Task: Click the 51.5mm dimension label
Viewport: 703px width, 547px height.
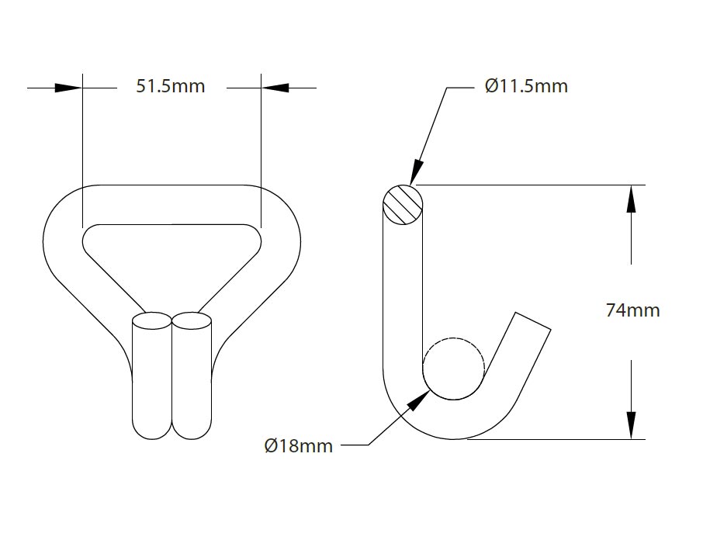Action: click(x=171, y=86)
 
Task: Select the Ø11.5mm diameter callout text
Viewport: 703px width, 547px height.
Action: click(x=526, y=86)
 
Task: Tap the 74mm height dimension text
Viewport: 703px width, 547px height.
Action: click(x=632, y=311)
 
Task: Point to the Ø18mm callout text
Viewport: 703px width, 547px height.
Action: click(x=298, y=446)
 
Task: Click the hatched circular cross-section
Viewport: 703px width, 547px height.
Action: click(x=403, y=205)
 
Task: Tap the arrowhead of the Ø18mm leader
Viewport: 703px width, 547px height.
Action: click(x=420, y=400)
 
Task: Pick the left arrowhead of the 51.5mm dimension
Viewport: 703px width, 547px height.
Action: click(x=68, y=88)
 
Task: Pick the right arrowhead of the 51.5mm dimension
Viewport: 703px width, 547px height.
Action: click(x=275, y=88)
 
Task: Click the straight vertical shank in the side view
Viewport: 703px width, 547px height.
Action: click(x=403, y=295)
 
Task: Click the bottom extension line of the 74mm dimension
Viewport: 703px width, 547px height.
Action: click(x=559, y=440)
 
